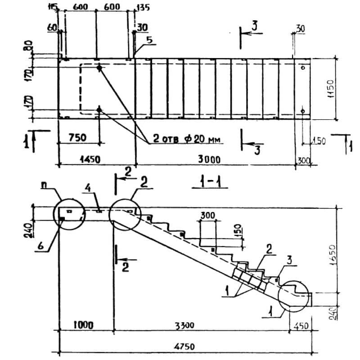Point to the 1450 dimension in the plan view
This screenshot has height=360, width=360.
90,159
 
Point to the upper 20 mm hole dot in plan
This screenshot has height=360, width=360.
99,68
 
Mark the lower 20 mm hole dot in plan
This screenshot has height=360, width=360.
99,109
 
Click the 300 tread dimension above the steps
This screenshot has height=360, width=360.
208,216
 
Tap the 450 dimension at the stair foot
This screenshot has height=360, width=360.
299,325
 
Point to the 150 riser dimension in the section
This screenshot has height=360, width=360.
240,230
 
